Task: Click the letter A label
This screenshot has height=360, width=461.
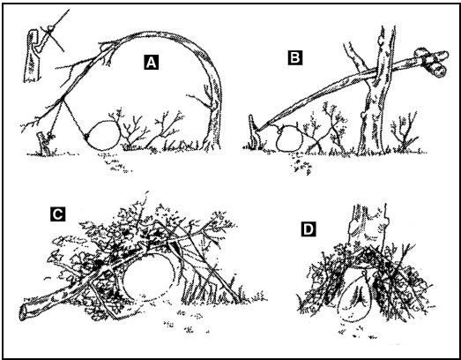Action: click(x=151, y=63)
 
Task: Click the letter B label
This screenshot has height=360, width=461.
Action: click(x=295, y=57)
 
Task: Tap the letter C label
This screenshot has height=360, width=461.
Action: click(x=57, y=214)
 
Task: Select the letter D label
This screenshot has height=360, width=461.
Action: click(x=309, y=229)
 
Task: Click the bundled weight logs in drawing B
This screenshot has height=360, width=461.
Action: click(x=431, y=63)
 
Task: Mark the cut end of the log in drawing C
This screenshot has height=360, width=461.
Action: click(x=23, y=313)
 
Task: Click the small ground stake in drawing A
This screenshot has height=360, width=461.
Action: click(x=43, y=143)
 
